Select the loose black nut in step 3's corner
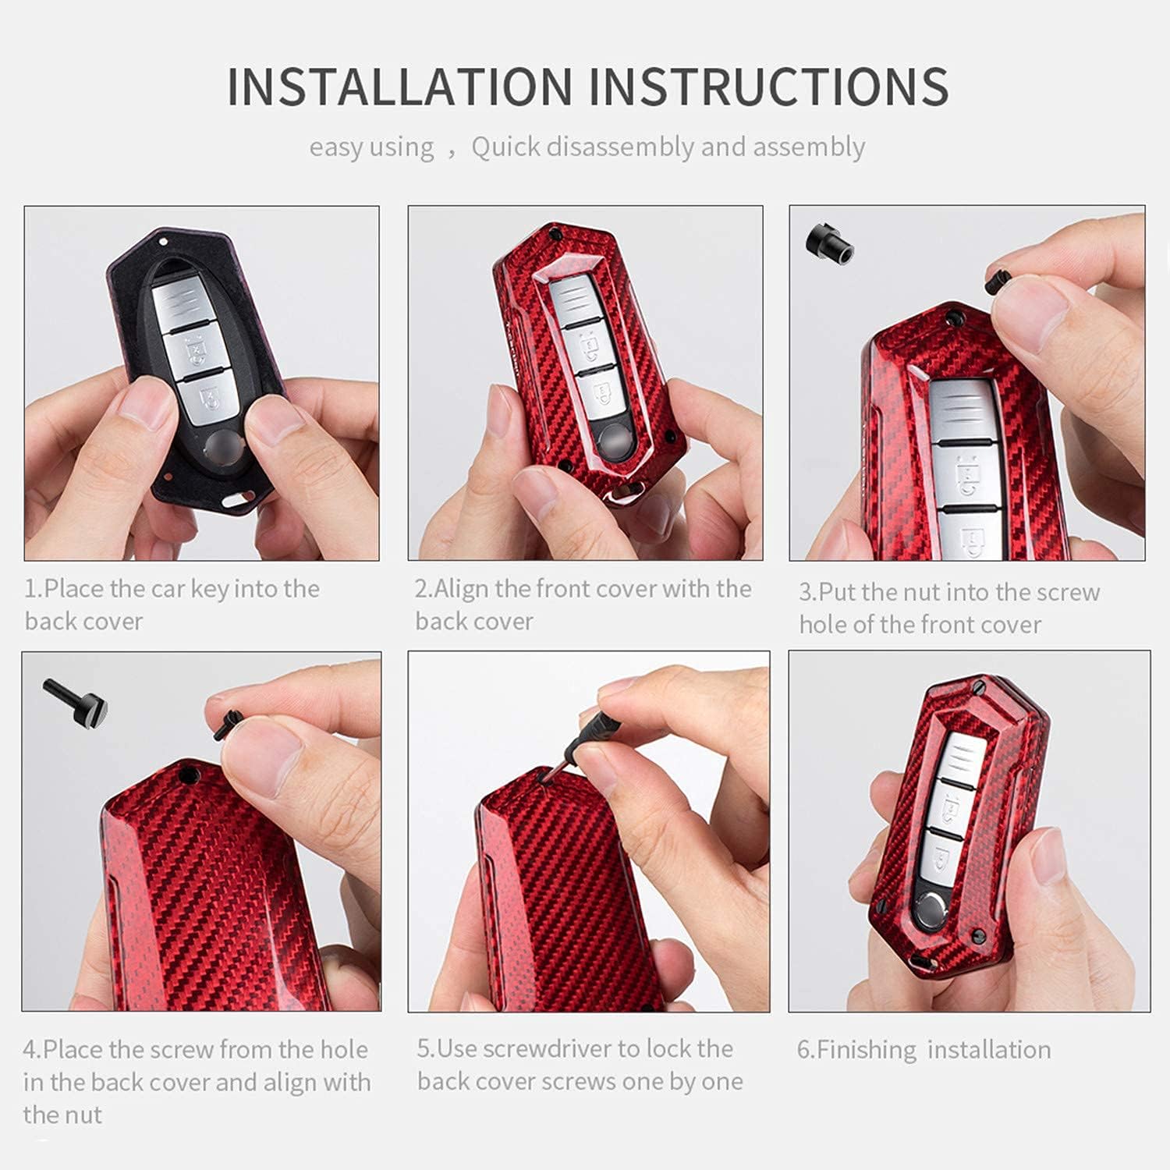tap(828, 242)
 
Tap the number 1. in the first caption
tap(33, 589)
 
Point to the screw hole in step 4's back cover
tap(187, 775)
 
